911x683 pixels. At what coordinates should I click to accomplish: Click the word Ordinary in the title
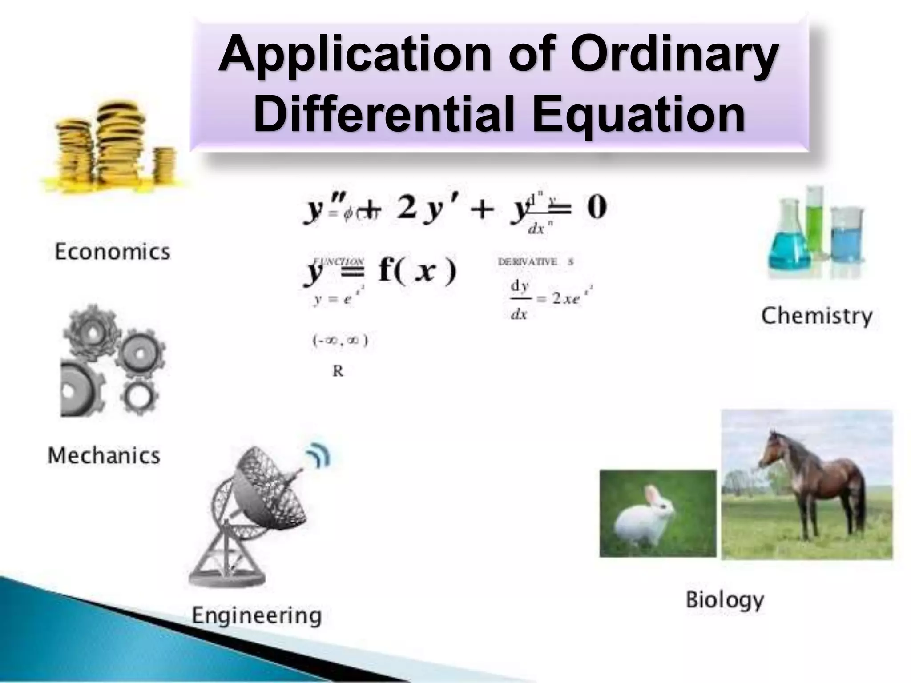[674, 56]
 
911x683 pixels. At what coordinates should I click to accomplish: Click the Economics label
[112, 252]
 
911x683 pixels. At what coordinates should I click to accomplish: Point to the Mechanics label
[104, 455]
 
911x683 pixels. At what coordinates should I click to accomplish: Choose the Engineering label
[257, 615]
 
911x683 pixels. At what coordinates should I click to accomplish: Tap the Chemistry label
[816, 316]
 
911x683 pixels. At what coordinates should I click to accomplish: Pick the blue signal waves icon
[318, 456]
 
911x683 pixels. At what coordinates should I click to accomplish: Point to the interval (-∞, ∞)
[340, 341]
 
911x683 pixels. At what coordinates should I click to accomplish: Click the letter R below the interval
[338, 371]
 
